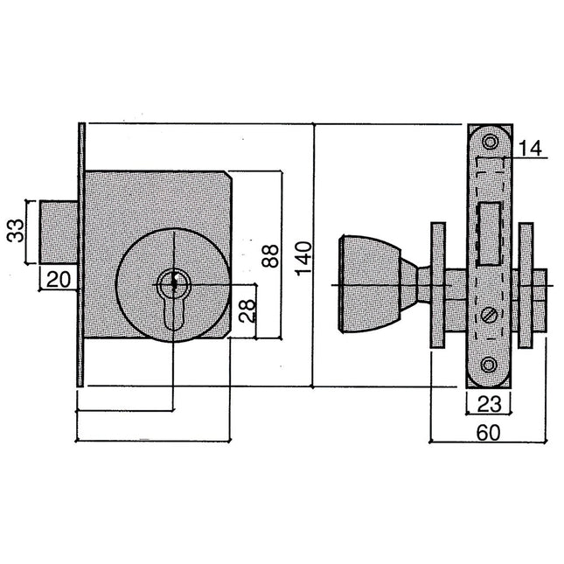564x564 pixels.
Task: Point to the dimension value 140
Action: pos(303,259)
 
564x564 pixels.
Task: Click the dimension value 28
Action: pos(247,310)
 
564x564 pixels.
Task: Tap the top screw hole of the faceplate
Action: pos(489,141)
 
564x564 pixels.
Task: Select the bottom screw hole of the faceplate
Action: pos(489,373)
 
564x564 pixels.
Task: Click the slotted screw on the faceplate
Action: pos(489,315)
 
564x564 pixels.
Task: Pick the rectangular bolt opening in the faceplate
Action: pos(489,232)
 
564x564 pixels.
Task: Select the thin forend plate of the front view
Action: pos(80,254)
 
